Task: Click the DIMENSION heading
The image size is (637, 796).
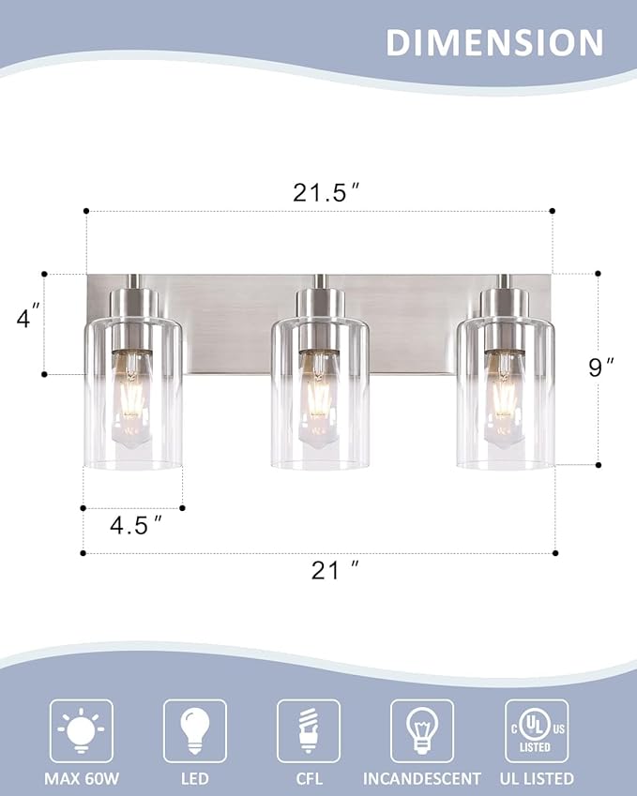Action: [493, 42]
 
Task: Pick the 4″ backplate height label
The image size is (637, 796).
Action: [28, 318]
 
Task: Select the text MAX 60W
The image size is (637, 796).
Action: [81, 778]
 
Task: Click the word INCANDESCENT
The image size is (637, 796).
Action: [421, 778]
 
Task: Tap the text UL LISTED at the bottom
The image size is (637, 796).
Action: [536, 778]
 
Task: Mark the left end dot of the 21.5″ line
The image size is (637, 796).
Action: [85, 211]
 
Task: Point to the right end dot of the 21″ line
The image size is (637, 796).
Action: [555, 553]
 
